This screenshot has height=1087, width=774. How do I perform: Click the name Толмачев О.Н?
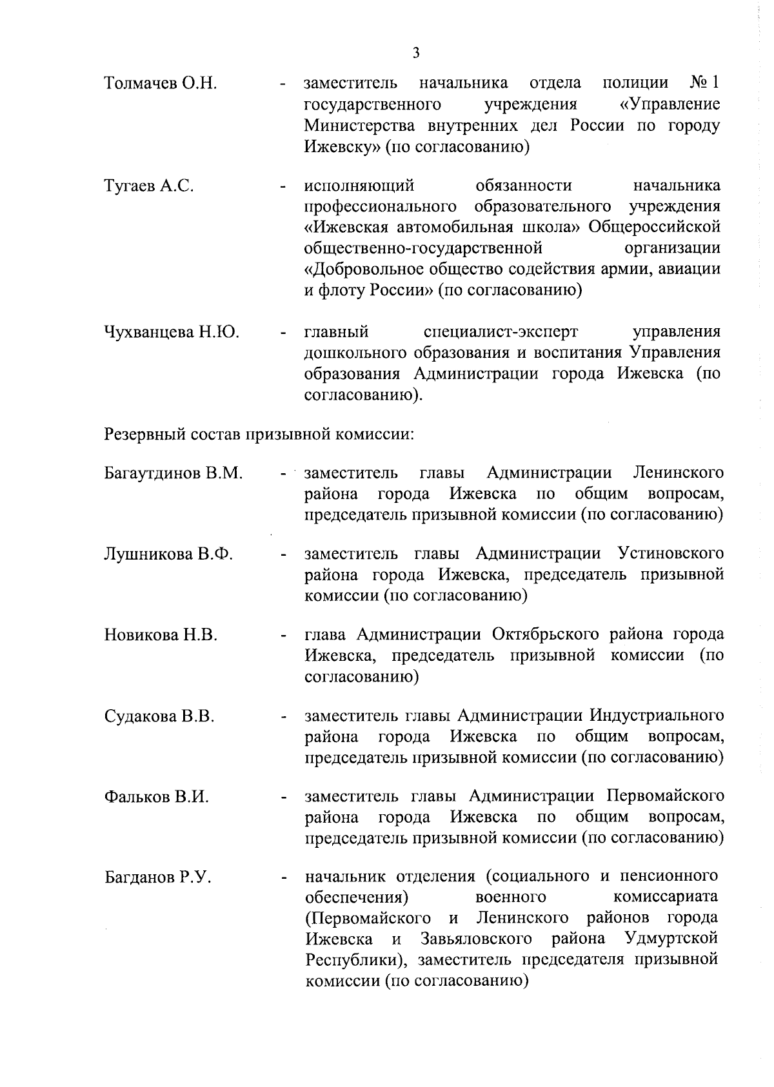160,83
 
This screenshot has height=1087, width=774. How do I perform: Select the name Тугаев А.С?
149,187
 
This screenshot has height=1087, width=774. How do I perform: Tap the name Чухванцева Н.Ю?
172,333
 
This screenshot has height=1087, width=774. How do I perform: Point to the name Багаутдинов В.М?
174,474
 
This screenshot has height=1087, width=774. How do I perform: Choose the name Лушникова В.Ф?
168,554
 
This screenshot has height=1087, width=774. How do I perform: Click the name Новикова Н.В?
161,636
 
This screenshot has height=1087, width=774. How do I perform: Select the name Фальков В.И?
157,798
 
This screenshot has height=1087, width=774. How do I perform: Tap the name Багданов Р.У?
158,878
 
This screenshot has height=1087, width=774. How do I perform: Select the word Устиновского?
670,554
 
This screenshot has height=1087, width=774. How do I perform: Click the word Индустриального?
655,716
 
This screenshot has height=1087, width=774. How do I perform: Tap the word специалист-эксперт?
501,332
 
